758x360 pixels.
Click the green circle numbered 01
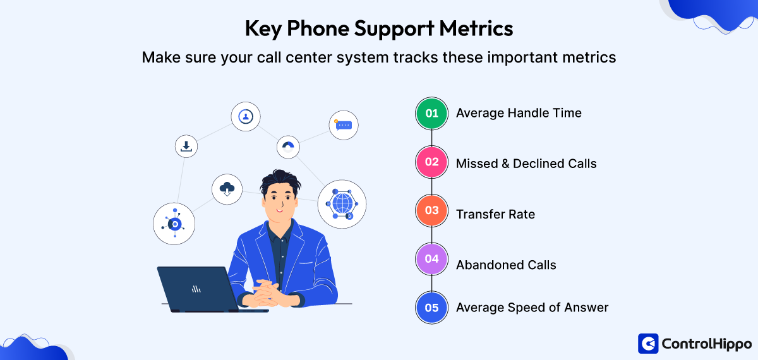[x=431, y=113]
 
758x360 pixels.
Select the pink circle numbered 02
[x=431, y=162]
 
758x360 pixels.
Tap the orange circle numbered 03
[x=431, y=210]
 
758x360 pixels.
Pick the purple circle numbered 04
[x=431, y=259]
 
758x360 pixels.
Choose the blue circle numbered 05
[x=431, y=308]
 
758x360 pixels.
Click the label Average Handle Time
[x=519, y=113]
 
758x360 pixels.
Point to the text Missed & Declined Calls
[x=526, y=164]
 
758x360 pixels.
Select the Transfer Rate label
[x=495, y=214]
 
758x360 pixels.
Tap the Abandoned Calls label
[x=506, y=265]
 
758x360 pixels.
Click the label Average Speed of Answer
[x=532, y=308]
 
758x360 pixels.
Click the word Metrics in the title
[x=476, y=28]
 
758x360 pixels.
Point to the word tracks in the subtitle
[x=416, y=57]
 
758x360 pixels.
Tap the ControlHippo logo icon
[x=648, y=344]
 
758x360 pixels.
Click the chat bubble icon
[x=344, y=125]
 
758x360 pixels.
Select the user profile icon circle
[x=246, y=116]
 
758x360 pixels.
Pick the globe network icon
[x=342, y=204]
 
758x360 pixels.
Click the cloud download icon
[x=227, y=189]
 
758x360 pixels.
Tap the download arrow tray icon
[x=186, y=147]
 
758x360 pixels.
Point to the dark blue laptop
[x=200, y=289]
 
